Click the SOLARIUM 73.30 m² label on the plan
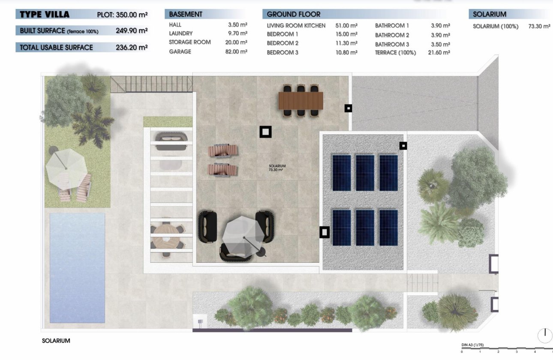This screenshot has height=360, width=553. point(277,168)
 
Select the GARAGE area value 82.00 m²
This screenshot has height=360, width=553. point(237,51)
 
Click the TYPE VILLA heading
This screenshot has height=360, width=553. point(45,15)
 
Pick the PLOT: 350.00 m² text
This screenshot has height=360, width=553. point(122,15)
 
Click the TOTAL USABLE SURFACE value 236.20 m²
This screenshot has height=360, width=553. point(132,48)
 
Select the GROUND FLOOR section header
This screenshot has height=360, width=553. point(294,14)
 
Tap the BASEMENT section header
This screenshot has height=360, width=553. point(186,14)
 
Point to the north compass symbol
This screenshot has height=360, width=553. point(545,335)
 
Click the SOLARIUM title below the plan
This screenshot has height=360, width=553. point(56,341)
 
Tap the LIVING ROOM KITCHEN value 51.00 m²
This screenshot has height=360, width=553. point(346,26)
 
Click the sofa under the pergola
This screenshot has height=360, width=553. point(171,141)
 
